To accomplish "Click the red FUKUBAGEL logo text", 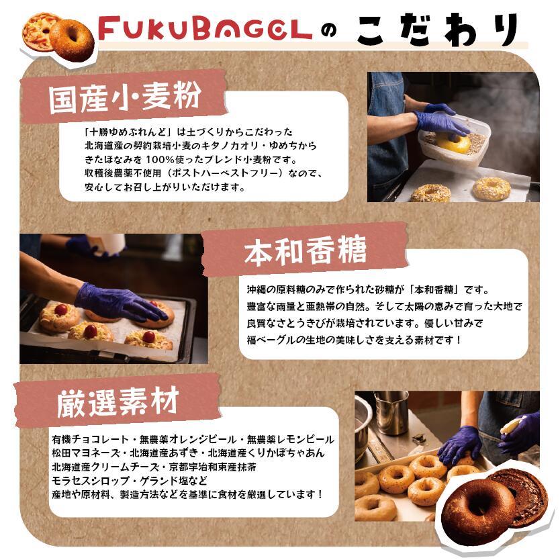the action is pos(205,29).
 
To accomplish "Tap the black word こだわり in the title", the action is pos(438,30).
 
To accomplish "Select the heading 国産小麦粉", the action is pos(124,97).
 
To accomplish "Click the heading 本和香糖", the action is pos(306,250).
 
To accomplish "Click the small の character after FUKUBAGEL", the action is pos(329,31).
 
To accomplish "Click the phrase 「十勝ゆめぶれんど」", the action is pos(129,132).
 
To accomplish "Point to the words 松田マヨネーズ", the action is pos(86,453).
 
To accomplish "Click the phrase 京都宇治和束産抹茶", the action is pos(212,467).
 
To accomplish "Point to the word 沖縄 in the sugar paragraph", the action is pos(256,289).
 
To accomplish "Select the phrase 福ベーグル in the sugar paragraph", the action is pos(271,340).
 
